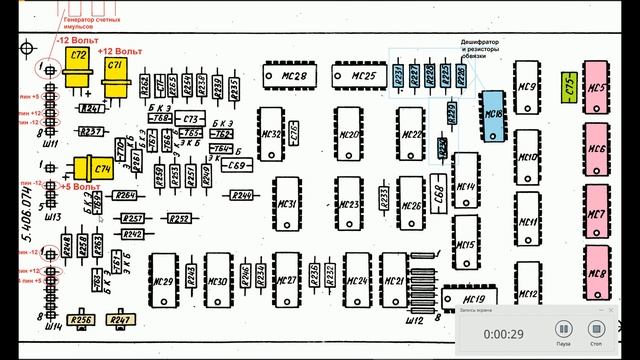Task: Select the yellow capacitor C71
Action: pyautogui.click(x=115, y=68)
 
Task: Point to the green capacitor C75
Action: pyautogui.click(x=569, y=86)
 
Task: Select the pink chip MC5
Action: pyautogui.click(x=598, y=89)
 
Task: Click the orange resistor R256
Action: pyautogui.click(x=83, y=321)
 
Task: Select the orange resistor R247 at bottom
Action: pyautogui.click(x=121, y=321)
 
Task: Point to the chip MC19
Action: pyautogui.click(x=472, y=299)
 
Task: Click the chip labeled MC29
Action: pyautogui.click(x=164, y=281)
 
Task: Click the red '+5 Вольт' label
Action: pyautogui.click(x=81, y=187)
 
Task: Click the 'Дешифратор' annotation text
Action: pyautogui.click(x=479, y=41)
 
